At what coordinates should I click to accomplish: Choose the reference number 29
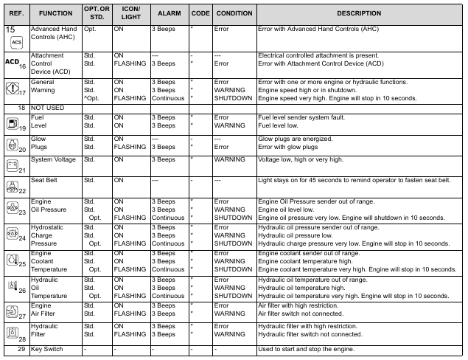pyautogui.click(x=22, y=349)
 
